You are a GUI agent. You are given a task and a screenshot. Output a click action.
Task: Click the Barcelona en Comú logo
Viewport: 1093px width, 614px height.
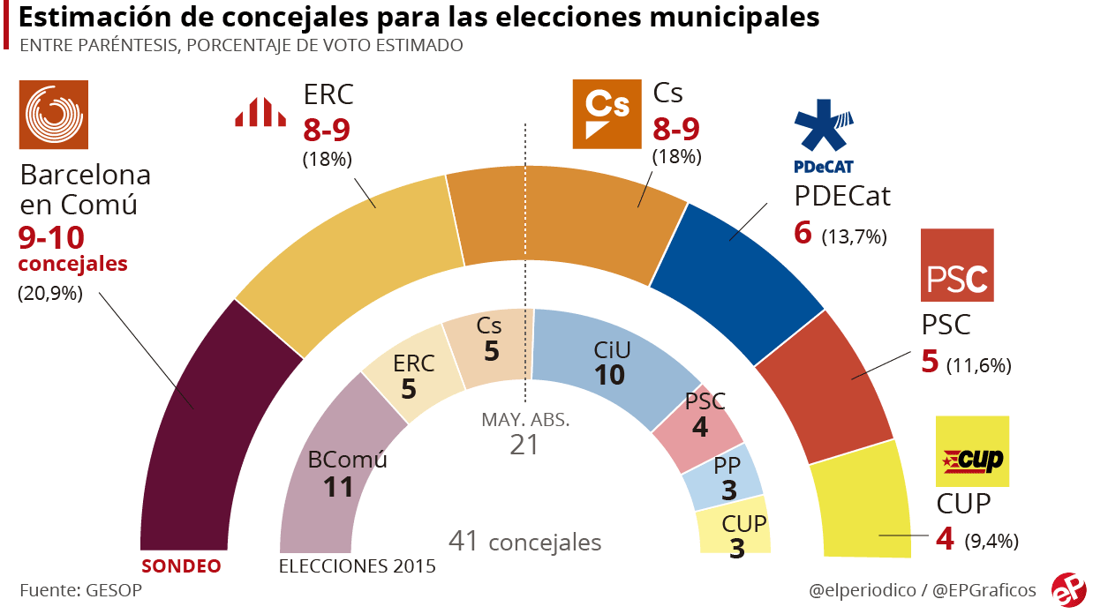[53, 116]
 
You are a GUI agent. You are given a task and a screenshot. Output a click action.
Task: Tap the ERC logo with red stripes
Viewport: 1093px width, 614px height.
[260, 112]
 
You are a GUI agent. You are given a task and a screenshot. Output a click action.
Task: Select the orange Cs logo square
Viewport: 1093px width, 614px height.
[608, 113]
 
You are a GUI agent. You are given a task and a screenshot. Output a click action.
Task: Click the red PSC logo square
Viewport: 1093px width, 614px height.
[957, 266]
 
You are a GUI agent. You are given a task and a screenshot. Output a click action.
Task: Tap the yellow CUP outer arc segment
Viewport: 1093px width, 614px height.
[860, 503]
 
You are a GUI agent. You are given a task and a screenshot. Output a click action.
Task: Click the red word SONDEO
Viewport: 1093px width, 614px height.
[181, 565]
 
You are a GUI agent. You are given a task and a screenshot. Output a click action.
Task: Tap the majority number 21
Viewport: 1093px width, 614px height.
[524, 445]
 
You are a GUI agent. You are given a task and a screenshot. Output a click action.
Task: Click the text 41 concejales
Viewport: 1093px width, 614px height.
[524, 541]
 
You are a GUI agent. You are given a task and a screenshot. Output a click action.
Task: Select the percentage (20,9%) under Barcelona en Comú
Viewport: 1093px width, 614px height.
[50, 295]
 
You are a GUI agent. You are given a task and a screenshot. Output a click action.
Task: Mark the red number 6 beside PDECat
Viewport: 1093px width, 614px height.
[802, 233]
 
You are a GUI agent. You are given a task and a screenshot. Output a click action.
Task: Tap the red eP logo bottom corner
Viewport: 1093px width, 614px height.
[1068, 589]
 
